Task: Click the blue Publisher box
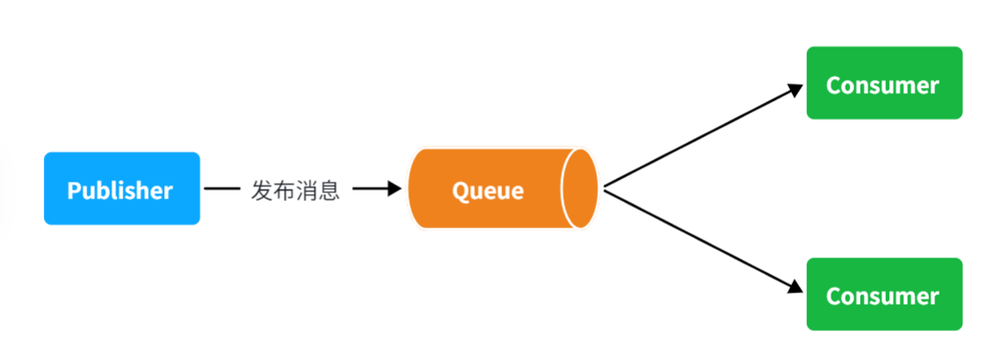122,188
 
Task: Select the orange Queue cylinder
503,188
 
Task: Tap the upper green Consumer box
884,83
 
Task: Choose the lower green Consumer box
884,294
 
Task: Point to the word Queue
488,190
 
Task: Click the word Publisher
120,190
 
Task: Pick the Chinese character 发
262,190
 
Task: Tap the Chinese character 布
284,190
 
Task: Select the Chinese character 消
307,190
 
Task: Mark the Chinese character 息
329,190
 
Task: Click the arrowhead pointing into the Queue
395,188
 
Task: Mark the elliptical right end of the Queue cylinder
579,188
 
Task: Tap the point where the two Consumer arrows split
604,188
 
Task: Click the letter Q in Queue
461,191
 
